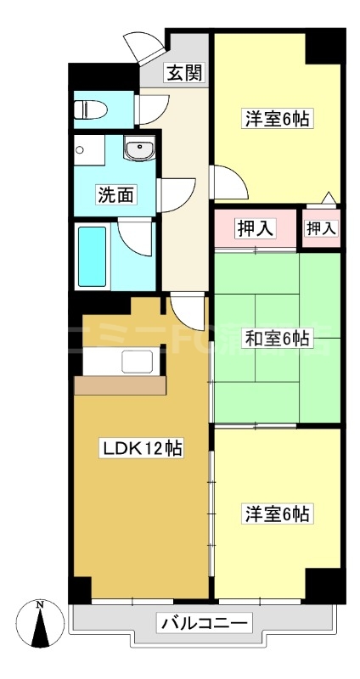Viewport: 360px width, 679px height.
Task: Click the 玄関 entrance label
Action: coord(183,72)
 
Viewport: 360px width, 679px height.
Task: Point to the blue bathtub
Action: coord(93,256)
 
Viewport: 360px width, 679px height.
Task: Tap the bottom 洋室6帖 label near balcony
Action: coord(277,513)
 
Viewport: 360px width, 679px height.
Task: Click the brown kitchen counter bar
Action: coord(119,385)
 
